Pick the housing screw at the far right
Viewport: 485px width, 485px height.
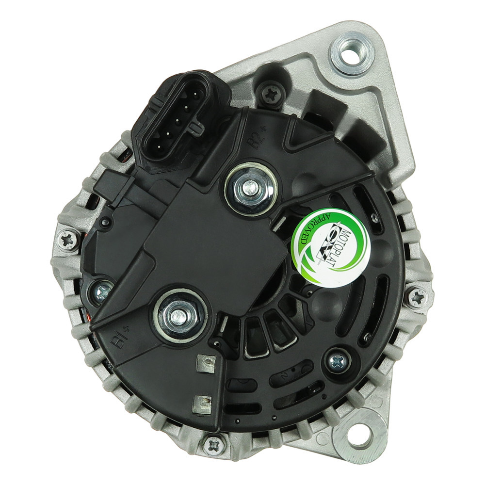tap(418, 297)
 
